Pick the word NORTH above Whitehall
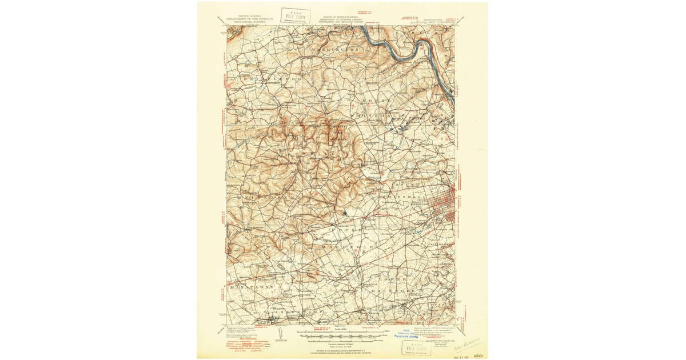[x=378, y=101]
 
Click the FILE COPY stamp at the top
[x=296, y=15]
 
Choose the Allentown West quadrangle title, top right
[x=434, y=20]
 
